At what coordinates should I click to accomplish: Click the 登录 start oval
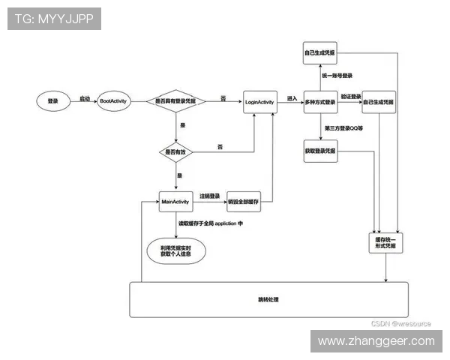point(52,100)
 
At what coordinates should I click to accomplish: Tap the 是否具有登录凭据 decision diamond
point(176,100)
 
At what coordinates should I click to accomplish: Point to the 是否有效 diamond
point(176,151)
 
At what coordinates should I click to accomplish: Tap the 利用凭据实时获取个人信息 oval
point(176,250)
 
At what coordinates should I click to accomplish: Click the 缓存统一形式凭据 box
point(385,241)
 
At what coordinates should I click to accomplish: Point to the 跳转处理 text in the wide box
point(268,299)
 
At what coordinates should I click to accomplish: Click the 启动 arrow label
point(85,98)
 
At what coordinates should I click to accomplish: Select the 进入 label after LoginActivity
point(292,98)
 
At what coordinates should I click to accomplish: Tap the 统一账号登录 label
point(337,76)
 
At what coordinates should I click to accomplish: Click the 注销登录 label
point(209,196)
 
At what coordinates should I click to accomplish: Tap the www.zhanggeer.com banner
point(376,341)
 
